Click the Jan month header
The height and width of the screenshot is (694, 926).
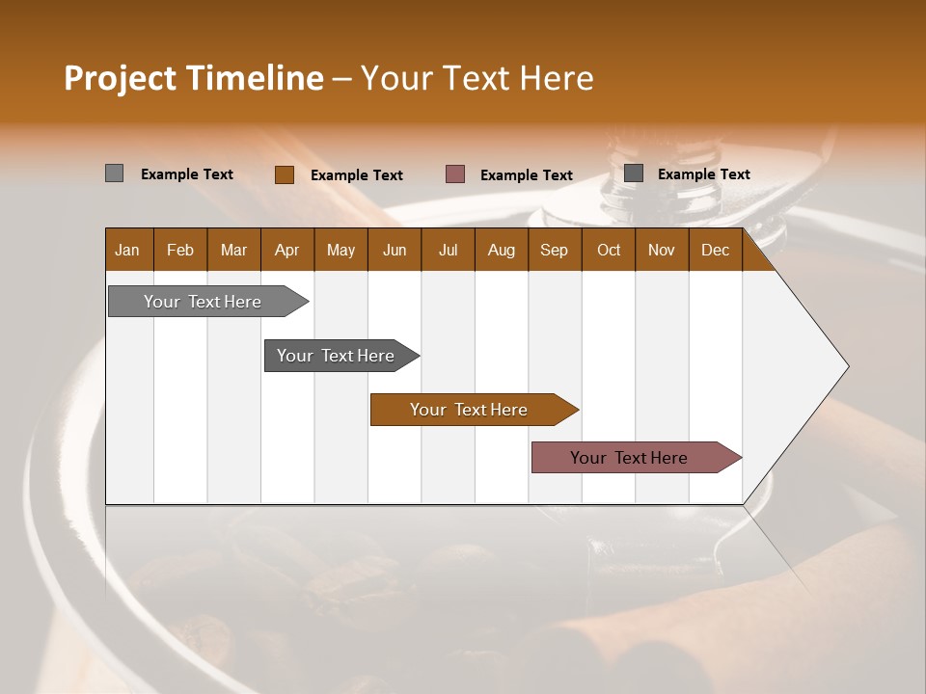(x=127, y=251)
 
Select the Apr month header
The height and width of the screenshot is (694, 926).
(x=286, y=251)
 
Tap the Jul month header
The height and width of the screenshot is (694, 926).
(x=448, y=251)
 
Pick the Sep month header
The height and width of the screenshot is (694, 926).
(x=554, y=251)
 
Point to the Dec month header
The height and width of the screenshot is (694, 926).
(x=715, y=251)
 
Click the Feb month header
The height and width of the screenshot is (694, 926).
(x=180, y=251)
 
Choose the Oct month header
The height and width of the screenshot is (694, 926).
(x=609, y=251)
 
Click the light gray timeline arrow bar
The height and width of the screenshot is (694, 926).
(x=204, y=302)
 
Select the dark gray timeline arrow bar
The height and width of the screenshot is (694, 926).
(x=336, y=356)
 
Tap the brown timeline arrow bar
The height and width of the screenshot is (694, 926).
(x=469, y=410)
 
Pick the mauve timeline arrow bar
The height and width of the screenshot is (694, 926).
(x=629, y=458)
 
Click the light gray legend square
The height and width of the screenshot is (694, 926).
(x=114, y=173)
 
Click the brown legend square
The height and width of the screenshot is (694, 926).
(x=284, y=174)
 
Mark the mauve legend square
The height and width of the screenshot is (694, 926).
(x=455, y=174)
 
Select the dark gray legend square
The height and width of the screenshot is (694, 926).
(x=634, y=173)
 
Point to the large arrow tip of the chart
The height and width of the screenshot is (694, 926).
(x=820, y=366)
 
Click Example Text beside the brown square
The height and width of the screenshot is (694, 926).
(x=357, y=175)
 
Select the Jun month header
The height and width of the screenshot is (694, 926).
(x=395, y=251)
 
